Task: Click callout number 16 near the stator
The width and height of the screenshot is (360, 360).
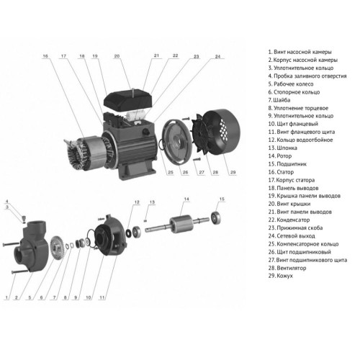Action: (45, 55)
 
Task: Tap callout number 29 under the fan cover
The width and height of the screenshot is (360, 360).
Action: (212, 173)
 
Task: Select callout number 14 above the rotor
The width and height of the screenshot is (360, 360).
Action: (186, 199)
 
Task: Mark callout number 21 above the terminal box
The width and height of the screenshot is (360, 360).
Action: (155, 55)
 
